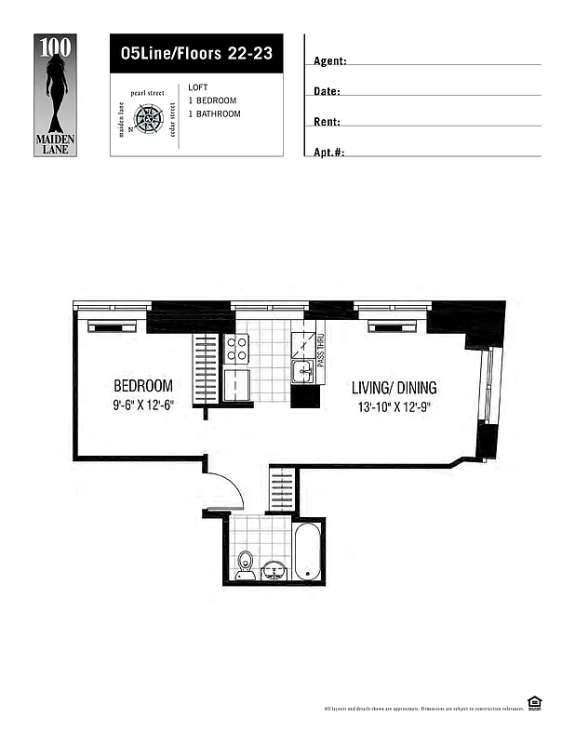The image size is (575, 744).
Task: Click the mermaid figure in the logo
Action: (x=56, y=87)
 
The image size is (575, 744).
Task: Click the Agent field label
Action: (x=330, y=61)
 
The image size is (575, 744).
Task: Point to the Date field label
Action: (x=327, y=92)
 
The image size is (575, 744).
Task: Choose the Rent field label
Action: (x=327, y=122)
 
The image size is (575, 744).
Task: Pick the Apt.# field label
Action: (x=329, y=152)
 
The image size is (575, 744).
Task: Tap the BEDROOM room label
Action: (x=143, y=385)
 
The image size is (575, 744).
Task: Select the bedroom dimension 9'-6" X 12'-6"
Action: (x=143, y=405)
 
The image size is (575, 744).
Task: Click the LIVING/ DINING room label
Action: (x=394, y=387)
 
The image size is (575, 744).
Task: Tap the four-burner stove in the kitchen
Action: (x=236, y=349)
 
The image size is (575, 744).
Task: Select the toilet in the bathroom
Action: (x=246, y=564)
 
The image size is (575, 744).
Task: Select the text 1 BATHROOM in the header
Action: (x=214, y=113)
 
